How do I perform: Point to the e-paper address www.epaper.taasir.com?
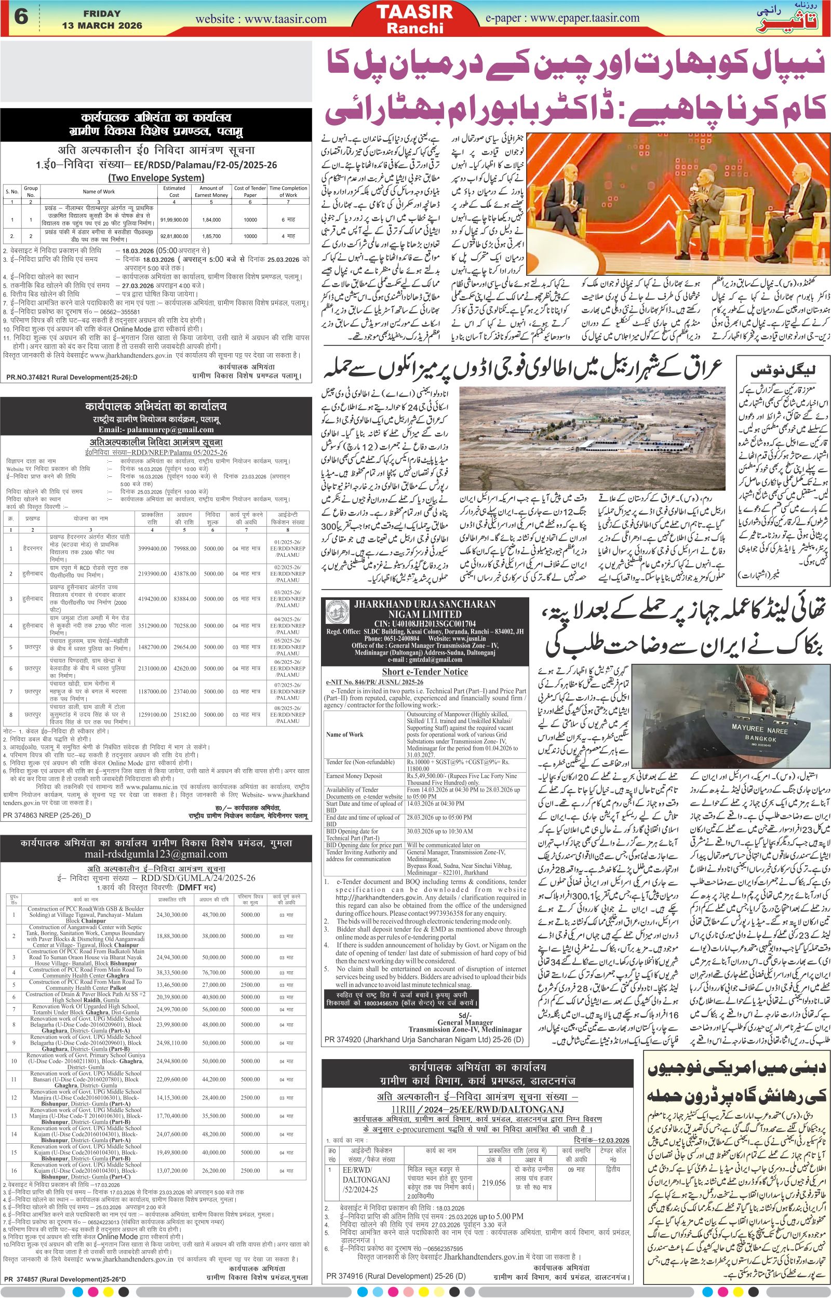[x=584, y=18]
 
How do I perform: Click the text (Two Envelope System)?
[x=156, y=178]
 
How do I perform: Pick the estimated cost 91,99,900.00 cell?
[x=175, y=220]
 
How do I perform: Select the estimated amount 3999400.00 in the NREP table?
[x=152, y=548]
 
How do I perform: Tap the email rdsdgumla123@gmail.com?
[x=156, y=854]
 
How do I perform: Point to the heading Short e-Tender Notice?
[x=425, y=672]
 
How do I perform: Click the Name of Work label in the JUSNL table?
[x=345, y=734]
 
